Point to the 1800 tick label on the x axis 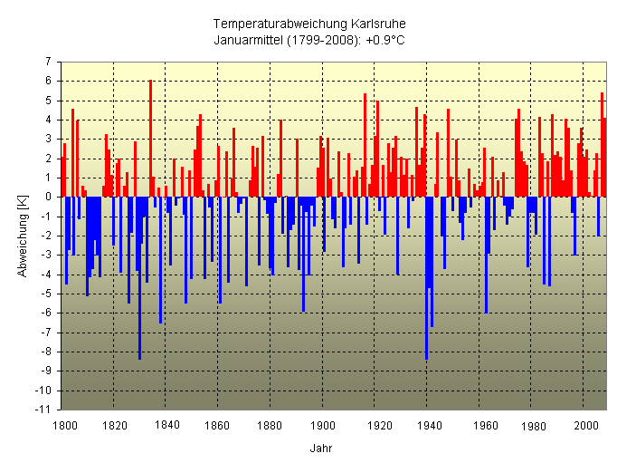click(x=63, y=424)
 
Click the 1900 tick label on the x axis click(x=323, y=424)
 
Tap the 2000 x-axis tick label click(x=584, y=424)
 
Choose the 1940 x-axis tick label click(x=427, y=424)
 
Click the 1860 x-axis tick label click(x=219, y=424)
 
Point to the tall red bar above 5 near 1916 click(x=365, y=145)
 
